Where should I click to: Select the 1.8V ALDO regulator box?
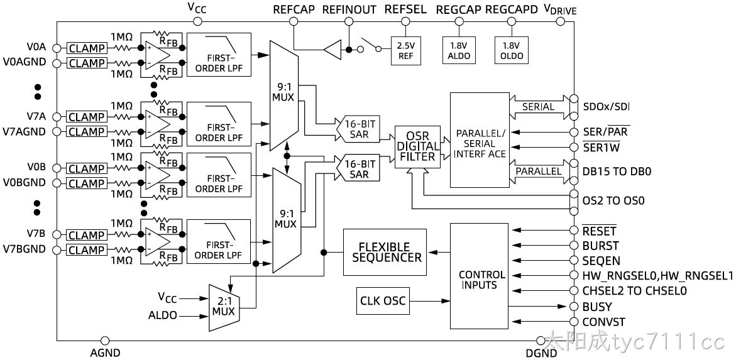(x=458, y=51)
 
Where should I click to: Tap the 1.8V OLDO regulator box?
(x=511, y=51)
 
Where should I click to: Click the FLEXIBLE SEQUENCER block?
(x=385, y=252)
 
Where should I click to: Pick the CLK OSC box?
(x=383, y=301)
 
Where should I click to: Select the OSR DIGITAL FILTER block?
(x=417, y=147)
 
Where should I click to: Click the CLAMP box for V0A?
(x=87, y=48)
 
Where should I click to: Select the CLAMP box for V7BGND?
(x=87, y=249)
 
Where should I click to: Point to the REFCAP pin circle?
(x=294, y=21)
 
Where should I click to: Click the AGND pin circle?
(x=105, y=341)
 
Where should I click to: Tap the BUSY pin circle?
(x=573, y=307)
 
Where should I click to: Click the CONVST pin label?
(x=603, y=322)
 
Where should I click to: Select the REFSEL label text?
(x=405, y=9)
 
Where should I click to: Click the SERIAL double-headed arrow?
(x=540, y=107)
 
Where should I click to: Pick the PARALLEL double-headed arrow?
(x=540, y=172)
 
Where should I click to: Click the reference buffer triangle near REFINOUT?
(x=332, y=50)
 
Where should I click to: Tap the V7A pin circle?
(x=57, y=117)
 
